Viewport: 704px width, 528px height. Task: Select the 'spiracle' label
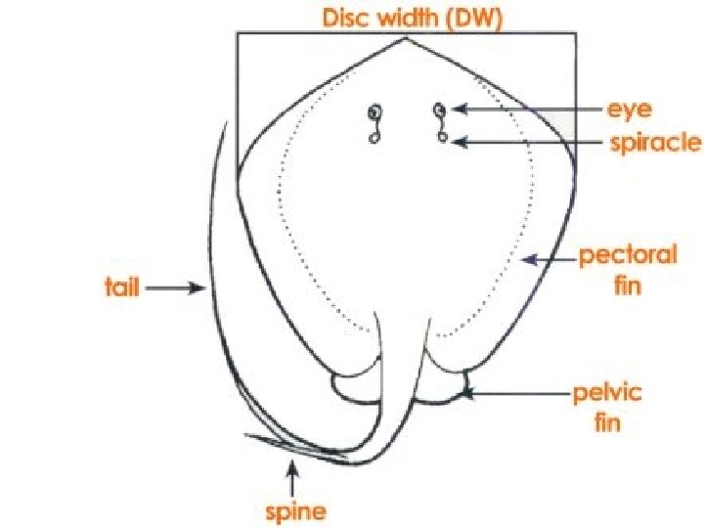point(654,143)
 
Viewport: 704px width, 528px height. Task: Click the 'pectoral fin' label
point(627,270)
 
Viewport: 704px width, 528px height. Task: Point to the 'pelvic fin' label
point(606,409)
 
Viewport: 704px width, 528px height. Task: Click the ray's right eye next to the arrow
point(440,109)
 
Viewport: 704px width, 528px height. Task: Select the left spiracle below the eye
point(374,139)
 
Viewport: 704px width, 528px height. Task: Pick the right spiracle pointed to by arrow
point(443,140)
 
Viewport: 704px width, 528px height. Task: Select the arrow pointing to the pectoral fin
point(546,260)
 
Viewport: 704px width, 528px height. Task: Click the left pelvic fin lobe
point(350,389)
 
